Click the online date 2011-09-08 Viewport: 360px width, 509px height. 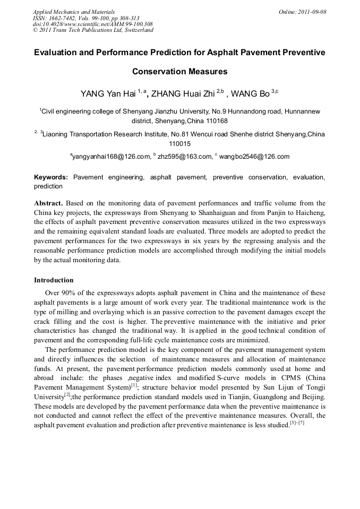(313, 12)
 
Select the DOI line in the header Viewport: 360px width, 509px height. (93, 24)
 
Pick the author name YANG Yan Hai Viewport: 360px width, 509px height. (108, 94)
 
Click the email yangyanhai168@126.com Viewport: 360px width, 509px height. (110, 157)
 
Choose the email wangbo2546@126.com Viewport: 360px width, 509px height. (255, 157)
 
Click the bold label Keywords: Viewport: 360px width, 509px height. (51, 177)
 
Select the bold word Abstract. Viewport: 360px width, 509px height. (48, 203)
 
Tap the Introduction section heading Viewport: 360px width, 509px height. (54, 280)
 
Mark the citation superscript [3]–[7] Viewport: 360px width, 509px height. (297, 422)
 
